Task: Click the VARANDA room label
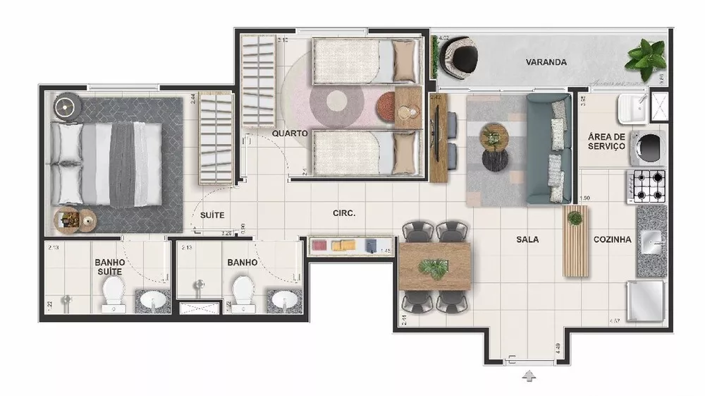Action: tap(546, 62)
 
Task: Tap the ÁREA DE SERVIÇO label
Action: tap(606, 141)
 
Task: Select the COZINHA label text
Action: tap(611, 240)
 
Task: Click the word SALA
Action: tap(527, 240)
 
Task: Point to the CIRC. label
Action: tap(343, 212)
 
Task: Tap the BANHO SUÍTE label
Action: tap(109, 266)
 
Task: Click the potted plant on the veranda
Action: tap(645, 58)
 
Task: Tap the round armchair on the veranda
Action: tap(460, 56)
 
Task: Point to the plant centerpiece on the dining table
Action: tap(434, 268)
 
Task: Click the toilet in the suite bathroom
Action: tap(113, 293)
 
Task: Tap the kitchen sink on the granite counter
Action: tap(651, 241)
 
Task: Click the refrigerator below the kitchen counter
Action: tap(646, 300)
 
